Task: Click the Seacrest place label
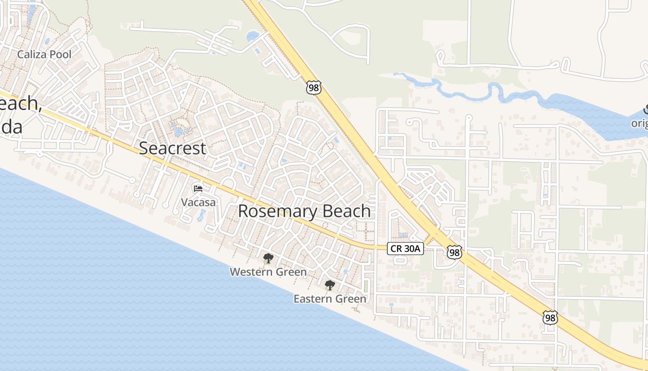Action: tap(172, 148)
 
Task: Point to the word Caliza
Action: tap(32, 55)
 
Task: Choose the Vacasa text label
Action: tap(198, 202)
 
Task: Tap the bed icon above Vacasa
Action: tap(198, 189)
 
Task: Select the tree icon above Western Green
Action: tap(268, 258)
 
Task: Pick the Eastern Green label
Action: tap(330, 299)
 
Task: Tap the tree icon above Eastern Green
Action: tap(330, 285)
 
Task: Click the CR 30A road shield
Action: tap(405, 249)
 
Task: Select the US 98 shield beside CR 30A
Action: tap(454, 252)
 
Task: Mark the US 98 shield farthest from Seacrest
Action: tap(550, 318)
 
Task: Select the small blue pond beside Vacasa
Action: tap(202, 215)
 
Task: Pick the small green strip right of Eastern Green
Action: tap(367, 286)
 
